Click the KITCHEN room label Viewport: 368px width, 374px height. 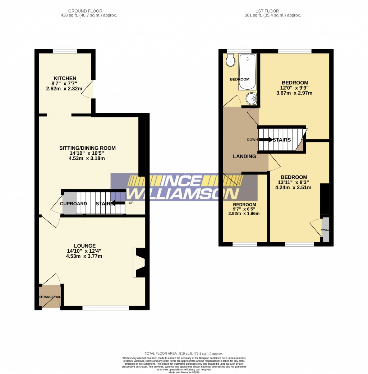point(65,78)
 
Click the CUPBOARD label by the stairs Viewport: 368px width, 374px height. point(73,204)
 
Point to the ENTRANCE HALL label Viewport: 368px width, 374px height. point(50,297)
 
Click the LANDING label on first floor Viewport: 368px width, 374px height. point(244,156)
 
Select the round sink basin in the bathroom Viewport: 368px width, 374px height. point(250,98)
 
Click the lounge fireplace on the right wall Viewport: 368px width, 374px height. point(140,262)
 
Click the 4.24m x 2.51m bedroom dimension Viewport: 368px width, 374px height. point(293,187)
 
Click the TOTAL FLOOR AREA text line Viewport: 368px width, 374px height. point(184,354)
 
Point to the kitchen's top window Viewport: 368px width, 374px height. point(65,51)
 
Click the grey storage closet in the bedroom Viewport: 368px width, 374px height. point(325,229)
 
